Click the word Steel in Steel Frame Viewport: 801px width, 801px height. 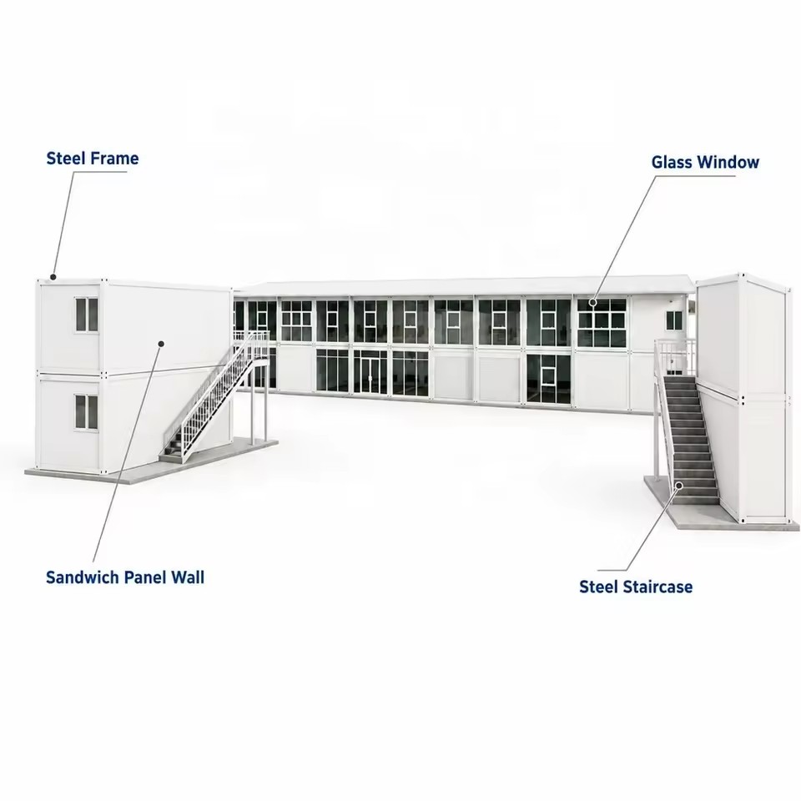[x=64, y=159]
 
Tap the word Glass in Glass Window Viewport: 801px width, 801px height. [x=672, y=162]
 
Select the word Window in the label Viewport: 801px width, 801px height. [x=728, y=162]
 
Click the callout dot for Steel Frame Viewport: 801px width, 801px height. [x=53, y=277]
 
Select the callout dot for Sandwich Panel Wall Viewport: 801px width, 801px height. [x=160, y=344]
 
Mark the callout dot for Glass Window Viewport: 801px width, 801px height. [x=592, y=302]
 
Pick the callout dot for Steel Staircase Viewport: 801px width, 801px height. [x=679, y=486]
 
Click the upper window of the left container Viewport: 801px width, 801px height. [x=87, y=315]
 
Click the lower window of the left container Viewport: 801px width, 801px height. [x=87, y=411]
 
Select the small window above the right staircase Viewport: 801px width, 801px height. [x=674, y=320]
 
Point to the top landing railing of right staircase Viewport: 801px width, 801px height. [x=675, y=356]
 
